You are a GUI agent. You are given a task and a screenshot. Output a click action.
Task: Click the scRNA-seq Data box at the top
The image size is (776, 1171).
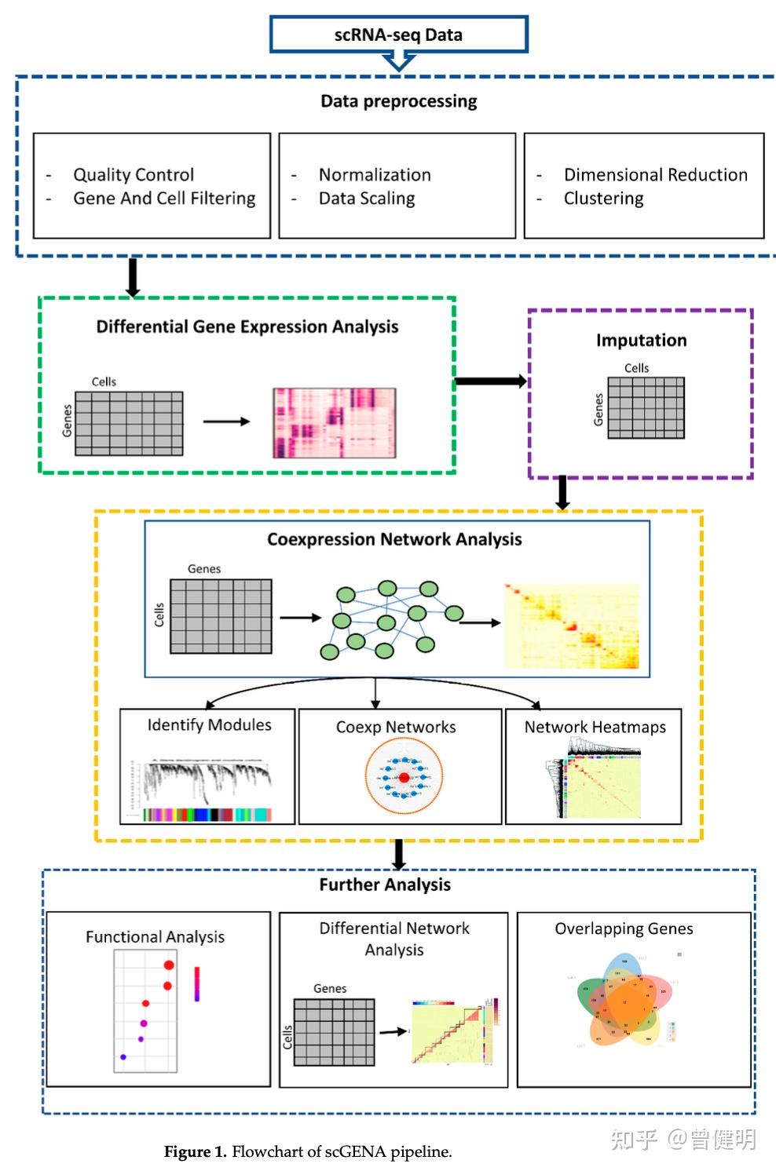point(398,35)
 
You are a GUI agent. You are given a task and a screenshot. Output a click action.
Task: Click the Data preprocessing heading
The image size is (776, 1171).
point(398,101)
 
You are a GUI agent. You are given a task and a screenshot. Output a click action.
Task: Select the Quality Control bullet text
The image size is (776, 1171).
point(134,175)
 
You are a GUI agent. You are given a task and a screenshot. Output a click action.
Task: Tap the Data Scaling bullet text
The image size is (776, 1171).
point(367,199)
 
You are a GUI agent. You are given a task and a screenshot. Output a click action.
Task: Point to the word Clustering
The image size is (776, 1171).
point(603,199)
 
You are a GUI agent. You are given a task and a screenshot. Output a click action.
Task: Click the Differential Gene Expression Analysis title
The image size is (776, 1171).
point(247,326)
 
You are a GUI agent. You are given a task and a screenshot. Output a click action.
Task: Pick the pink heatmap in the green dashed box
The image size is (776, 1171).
point(334,422)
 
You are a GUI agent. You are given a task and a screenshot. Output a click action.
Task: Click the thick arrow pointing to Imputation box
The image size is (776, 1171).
point(490,381)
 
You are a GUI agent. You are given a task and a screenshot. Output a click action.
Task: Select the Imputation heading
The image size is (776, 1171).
point(641,340)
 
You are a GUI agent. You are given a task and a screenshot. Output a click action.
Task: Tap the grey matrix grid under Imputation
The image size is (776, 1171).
point(646,407)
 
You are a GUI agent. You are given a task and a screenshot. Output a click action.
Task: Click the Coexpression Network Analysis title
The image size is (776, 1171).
point(394,539)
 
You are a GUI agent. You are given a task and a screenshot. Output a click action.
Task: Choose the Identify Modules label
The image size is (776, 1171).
point(209,725)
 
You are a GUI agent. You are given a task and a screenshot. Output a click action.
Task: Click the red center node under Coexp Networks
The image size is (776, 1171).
point(404,778)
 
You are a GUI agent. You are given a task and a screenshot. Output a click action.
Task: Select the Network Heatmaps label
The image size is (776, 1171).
point(595,728)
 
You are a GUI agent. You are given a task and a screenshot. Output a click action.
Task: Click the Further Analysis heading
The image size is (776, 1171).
point(385,885)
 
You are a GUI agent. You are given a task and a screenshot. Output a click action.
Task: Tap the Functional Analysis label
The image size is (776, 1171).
point(155,937)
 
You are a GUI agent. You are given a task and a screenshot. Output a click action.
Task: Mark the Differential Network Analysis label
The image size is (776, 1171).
point(394,939)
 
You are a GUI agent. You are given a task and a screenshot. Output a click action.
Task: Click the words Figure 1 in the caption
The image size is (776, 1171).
point(195,1152)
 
